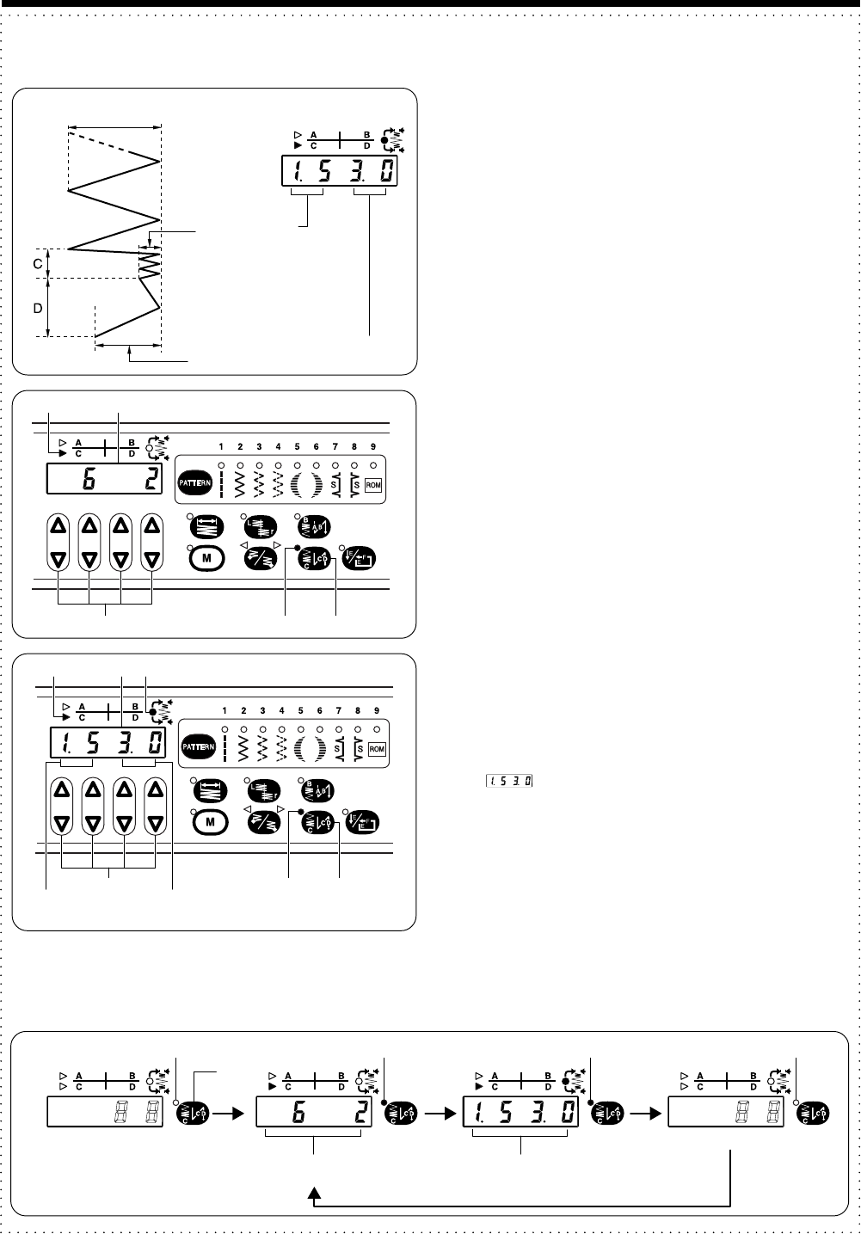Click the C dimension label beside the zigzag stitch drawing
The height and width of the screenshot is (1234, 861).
(38, 264)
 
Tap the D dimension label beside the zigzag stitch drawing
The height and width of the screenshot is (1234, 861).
(38, 307)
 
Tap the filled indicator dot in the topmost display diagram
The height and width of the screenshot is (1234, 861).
(384, 138)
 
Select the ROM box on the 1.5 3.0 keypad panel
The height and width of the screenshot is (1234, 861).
(377, 749)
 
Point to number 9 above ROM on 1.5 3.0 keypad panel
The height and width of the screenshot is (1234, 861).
(377, 711)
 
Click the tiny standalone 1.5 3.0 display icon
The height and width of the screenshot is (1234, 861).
(507, 781)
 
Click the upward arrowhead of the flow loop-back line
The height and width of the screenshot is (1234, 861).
(317, 1193)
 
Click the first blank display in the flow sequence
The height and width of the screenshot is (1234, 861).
(106, 1114)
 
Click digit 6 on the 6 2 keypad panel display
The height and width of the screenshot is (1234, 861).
(88, 480)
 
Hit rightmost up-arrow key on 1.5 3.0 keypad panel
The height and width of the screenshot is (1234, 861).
(155, 787)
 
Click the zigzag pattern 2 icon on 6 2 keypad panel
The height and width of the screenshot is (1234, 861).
(240, 483)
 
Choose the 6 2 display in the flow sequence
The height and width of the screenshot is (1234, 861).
(314, 1114)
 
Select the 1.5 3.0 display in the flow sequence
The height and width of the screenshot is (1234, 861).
(522, 1114)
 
